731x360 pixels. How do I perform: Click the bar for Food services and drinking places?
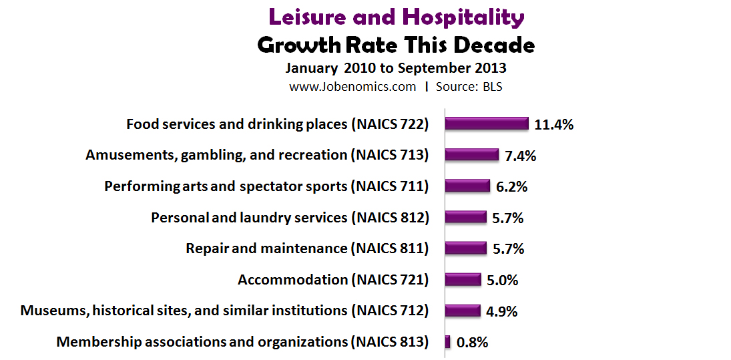487,124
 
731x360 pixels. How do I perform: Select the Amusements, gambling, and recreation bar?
471,155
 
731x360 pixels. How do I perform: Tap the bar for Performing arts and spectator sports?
467,186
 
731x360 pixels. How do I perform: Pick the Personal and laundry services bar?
465,217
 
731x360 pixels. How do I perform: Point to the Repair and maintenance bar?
465,248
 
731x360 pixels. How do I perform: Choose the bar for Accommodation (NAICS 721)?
463,279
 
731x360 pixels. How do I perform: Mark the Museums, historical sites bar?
462,311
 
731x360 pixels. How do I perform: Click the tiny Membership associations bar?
447,342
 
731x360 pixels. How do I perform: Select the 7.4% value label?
521,156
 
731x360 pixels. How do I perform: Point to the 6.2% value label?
512,187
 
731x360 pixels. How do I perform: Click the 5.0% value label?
502,280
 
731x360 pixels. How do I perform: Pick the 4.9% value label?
502,311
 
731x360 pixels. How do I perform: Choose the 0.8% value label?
473,343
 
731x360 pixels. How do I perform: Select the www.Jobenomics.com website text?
352,86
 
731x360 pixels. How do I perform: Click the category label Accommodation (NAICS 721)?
332,280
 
